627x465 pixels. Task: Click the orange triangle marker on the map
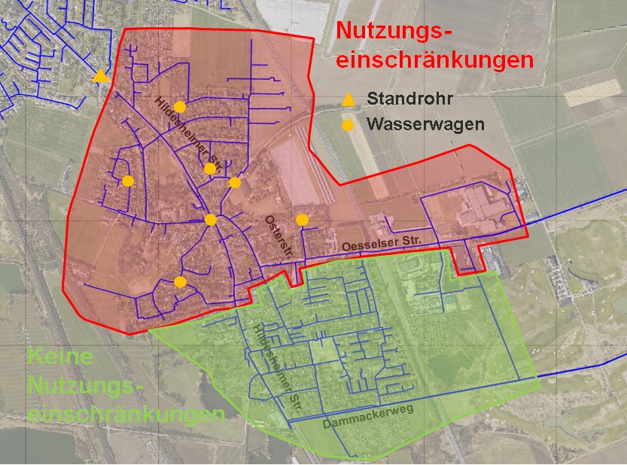(x=100, y=76)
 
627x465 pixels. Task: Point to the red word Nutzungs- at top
(x=395, y=32)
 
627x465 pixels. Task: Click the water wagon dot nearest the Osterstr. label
(x=302, y=219)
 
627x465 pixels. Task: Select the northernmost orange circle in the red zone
(x=179, y=106)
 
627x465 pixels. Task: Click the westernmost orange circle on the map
(x=128, y=181)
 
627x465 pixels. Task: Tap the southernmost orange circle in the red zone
(x=180, y=282)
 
